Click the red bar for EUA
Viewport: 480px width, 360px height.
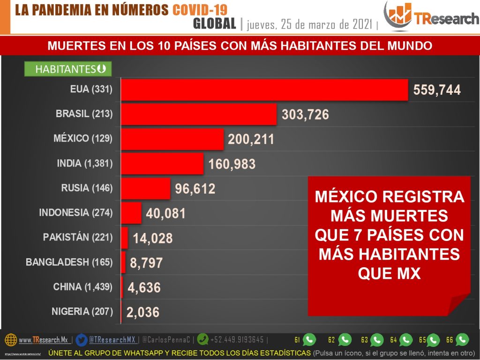[x=264, y=89]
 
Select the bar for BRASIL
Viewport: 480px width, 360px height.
[x=199, y=114]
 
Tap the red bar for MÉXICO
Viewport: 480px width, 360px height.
[x=172, y=139]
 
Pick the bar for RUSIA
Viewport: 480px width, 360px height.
[x=146, y=188]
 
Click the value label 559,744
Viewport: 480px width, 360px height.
[x=437, y=90]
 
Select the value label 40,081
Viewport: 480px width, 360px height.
[x=166, y=214]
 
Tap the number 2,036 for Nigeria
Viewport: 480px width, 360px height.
[x=142, y=312]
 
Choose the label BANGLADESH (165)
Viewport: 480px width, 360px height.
[x=69, y=262]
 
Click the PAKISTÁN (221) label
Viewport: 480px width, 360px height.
[x=78, y=237]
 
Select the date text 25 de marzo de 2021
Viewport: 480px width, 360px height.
[x=323, y=24]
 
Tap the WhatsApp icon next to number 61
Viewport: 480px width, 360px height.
[x=309, y=339]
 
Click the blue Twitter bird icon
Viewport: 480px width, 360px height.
[x=82, y=339]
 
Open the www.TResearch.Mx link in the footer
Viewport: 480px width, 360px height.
[x=43, y=340]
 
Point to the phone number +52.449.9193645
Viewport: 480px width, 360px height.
[x=237, y=340]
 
